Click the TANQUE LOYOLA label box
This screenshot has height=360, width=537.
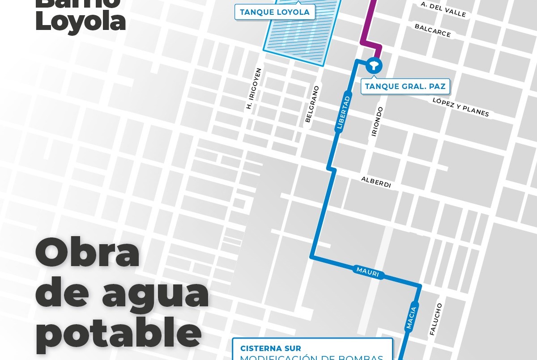click(275, 12)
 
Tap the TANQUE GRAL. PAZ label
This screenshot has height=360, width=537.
click(405, 86)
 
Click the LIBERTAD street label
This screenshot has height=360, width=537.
click(343, 113)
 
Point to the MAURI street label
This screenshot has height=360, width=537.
click(368, 272)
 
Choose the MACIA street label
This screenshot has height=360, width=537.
click(411, 318)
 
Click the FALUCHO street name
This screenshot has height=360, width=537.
click(435, 319)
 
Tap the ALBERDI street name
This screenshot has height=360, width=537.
click(376, 182)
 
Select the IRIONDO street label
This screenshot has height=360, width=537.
click(377, 121)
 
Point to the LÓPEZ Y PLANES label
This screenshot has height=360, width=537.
click(460, 107)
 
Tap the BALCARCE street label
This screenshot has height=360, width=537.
click(432, 30)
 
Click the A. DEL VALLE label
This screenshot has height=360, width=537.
click(443, 9)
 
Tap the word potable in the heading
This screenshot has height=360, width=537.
click(118, 333)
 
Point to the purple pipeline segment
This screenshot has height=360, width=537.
click(369, 27)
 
